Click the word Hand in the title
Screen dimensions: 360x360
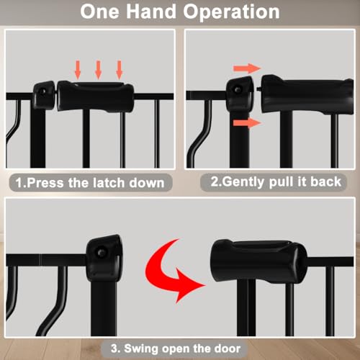pyautogui.click(x=151, y=12)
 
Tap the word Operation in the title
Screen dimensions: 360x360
pyautogui.click(x=231, y=12)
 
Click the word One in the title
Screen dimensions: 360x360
pyautogui.click(x=99, y=12)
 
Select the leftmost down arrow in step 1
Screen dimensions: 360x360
pyautogui.click(x=78, y=70)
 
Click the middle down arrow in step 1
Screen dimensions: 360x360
pyautogui.click(x=98, y=70)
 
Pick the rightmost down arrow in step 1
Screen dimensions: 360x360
pyautogui.click(x=120, y=70)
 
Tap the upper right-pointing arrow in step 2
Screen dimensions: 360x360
pyautogui.click(x=247, y=68)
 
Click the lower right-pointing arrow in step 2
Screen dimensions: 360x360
pyautogui.click(x=247, y=123)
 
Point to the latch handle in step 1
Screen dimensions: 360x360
pyautogui.click(x=95, y=96)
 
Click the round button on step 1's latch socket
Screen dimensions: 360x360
pyautogui.click(x=43, y=91)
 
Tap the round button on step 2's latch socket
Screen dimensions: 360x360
pyautogui.click(x=238, y=90)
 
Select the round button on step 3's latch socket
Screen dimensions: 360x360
pyautogui.click(x=102, y=253)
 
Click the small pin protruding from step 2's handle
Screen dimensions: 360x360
pyautogui.click(x=259, y=89)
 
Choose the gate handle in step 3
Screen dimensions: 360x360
pyautogui.click(x=258, y=261)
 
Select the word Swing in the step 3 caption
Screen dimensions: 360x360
pyautogui.click(x=142, y=348)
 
